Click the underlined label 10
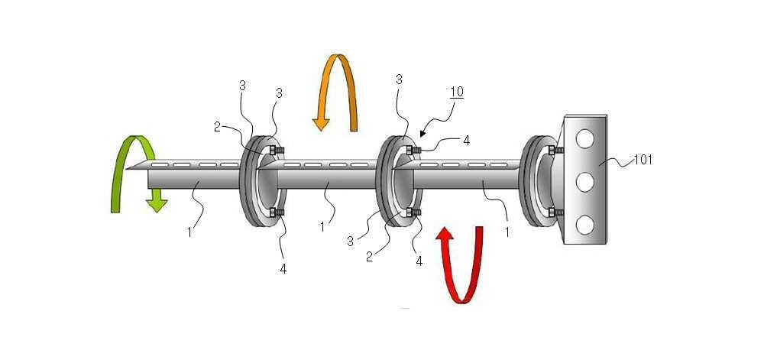pyautogui.click(x=457, y=92)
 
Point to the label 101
pyautogui.click(x=643, y=161)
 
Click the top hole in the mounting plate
pyautogui.click(x=584, y=140)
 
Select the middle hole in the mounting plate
pyautogui.click(x=584, y=183)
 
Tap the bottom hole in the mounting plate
pyautogui.click(x=584, y=225)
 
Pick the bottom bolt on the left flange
pyautogui.click(x=277, y=212)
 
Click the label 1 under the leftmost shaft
pyautogui.click(x=189, y=232)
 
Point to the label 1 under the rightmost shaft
pyautogui.click(x=507, y=232)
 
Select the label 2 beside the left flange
pyautogui.click(x=217, y=127)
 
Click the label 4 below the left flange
pyautogui.click(x=283, y=268)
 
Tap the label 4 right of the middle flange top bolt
pyautogui.click(x=466, y=141)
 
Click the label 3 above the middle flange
pyautogui.click(x=399, y=80)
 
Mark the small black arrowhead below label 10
pyautogui.click(x=422, y=132)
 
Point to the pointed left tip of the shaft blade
pyautogui.click(x=126, y=169)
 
